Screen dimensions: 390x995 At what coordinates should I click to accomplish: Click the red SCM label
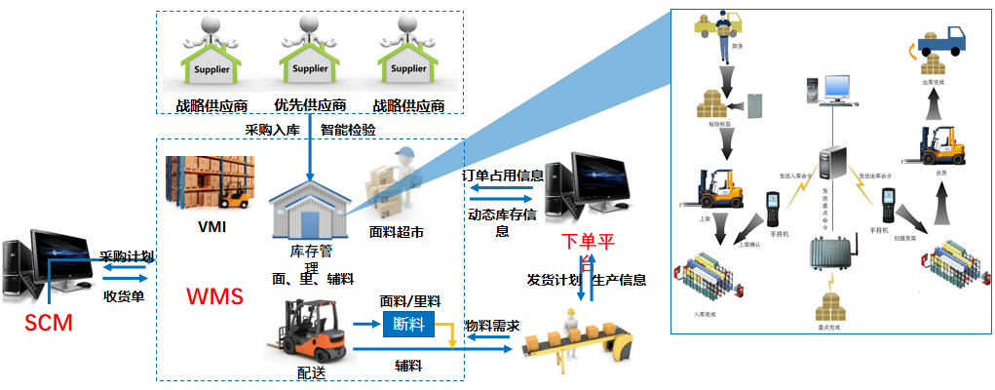click(x=50, y=322)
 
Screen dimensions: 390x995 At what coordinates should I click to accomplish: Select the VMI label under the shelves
click(x=210, y=228)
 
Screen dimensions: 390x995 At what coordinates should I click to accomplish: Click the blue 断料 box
click(x=407, y=324)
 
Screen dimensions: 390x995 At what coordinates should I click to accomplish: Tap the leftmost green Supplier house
click(x=210, y=58)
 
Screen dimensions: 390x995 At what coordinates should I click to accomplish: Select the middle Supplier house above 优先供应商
click(x=309, y=58)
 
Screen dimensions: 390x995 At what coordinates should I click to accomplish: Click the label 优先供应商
click(x=310, y=105)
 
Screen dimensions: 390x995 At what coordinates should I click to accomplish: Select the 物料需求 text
click(x=491, y=326)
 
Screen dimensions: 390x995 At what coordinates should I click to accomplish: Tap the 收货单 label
click(x=124, y=296)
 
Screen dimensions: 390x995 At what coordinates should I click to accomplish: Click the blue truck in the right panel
click(x=935, y=40)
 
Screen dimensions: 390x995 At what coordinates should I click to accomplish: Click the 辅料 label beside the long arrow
click(x=407, y=366)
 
